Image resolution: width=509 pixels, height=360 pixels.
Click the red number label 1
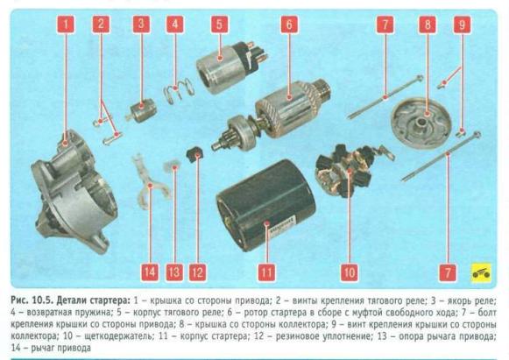(x=66, y=25)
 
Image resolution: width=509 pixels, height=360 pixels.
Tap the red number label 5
(x=219, y=25)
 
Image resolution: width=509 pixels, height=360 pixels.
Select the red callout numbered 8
(x=428, y=25)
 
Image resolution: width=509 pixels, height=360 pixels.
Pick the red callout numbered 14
(x=150, y=272)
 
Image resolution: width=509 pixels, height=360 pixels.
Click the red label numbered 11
(x=266, y=272)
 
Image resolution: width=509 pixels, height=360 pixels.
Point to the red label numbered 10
(x=350, y=272)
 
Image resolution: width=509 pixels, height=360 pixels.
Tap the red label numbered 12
(x=197, y=272)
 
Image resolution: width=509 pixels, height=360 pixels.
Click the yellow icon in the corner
(x=481, y=272)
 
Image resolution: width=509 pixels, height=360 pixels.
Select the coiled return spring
(x=178, y=90)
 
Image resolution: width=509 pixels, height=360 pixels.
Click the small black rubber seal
(x=194, y=154)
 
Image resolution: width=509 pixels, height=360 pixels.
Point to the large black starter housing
(x=265, y=205)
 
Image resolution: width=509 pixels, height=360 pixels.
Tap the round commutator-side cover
(x=421, y=123)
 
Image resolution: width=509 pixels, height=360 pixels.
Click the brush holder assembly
(x=350, y=170)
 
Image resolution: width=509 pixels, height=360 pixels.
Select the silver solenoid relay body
(x=231, y=67)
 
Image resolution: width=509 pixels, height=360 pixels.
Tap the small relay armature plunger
(x=141, y=110)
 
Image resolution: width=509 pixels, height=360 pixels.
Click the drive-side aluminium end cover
(x=74, y=192)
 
